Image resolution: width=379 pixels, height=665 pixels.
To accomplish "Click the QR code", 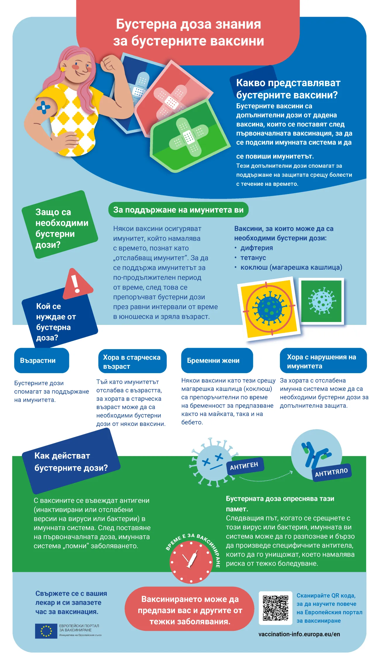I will (x=275, y=608).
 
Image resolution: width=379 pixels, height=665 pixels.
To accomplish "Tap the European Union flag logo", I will (x=46, y=631).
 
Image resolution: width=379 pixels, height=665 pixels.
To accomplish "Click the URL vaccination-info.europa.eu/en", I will (x=299, y=634).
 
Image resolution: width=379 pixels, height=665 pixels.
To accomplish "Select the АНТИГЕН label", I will (x=244, y=466).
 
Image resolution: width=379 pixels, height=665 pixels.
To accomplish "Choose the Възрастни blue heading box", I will (x=42, y=360).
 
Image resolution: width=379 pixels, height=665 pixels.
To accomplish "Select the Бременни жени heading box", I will (x=217, y=360).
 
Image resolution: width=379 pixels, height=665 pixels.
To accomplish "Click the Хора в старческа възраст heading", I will (x=132, y=361).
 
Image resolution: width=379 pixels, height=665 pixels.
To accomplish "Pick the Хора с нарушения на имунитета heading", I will (x=323, y=361).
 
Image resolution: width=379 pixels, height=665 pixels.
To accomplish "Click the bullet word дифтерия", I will (x=256, y=248).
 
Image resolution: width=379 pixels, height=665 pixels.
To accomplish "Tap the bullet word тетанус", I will (x=253, y=257).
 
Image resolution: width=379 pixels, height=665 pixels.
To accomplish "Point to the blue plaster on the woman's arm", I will (x=43, y=107).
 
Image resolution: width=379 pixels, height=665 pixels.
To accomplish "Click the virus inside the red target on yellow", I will (x=269, y=308).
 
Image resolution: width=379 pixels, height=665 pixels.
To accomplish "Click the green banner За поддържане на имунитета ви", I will (x=178, y=210).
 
